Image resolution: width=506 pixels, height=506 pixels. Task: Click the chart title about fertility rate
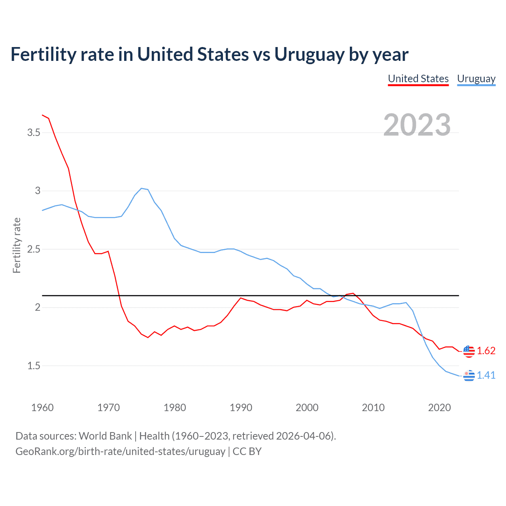point(210,55)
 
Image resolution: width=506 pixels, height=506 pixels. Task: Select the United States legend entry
point(418,79)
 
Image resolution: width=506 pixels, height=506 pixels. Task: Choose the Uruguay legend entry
point(476,79)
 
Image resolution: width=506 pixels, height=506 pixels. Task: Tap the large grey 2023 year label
point(417,125)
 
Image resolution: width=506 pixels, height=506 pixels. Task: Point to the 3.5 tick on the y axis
point(34,132)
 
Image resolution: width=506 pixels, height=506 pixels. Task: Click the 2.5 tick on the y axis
point(34,249)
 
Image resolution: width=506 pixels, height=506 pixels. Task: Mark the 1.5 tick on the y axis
point(34,366)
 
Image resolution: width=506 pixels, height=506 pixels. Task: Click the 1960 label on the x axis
point(42,408)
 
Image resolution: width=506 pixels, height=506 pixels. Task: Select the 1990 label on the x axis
point(241,408)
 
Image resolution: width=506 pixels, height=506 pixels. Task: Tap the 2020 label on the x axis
point(439,408)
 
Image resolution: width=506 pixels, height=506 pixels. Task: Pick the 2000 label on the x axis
point(307,408)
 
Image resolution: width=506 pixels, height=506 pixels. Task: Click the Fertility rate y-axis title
point(17,245)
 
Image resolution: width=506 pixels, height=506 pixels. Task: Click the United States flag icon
point(469,351)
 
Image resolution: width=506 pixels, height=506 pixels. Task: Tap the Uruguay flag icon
point(469,376)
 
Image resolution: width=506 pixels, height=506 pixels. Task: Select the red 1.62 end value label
point(486,351)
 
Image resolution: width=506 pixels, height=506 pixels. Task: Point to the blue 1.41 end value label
point(486,376)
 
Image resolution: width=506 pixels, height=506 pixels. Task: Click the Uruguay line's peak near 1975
point(142,188)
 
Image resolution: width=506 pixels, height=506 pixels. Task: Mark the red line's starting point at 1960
point(42,115)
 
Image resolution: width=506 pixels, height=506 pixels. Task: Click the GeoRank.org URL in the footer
point(120,451)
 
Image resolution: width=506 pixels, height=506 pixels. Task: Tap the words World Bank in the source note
point(105,436)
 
